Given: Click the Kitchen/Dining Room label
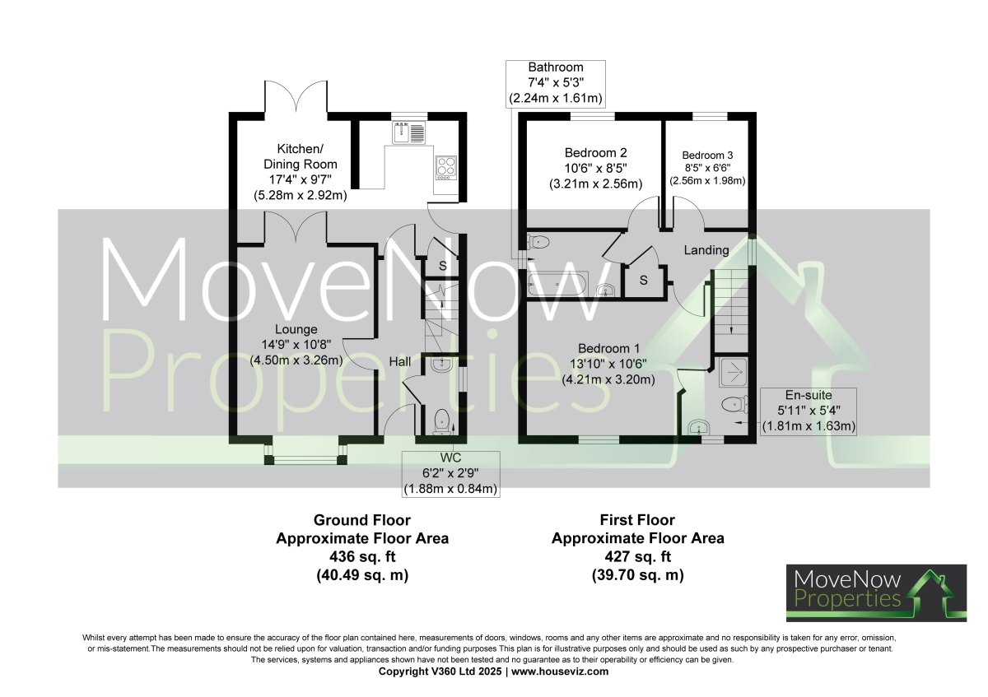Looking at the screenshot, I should click(300, 172).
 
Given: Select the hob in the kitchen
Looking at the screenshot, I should click(446, 166).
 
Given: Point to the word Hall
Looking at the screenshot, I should click(401, 361).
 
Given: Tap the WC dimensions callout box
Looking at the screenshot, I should click(450, 474).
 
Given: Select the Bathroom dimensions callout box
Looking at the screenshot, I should click(556, 83).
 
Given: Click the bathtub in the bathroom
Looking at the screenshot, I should click(557, 285).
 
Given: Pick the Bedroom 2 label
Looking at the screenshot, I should click(596, 168).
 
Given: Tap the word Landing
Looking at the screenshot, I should click(706, 249).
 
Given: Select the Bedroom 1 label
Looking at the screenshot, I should click(608, 363).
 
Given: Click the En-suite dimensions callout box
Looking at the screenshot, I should click(809, 411).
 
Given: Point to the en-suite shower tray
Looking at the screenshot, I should click(731, 374).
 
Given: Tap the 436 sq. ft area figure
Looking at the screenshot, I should click(361, 557).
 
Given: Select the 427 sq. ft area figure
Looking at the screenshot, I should click(637, 557).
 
